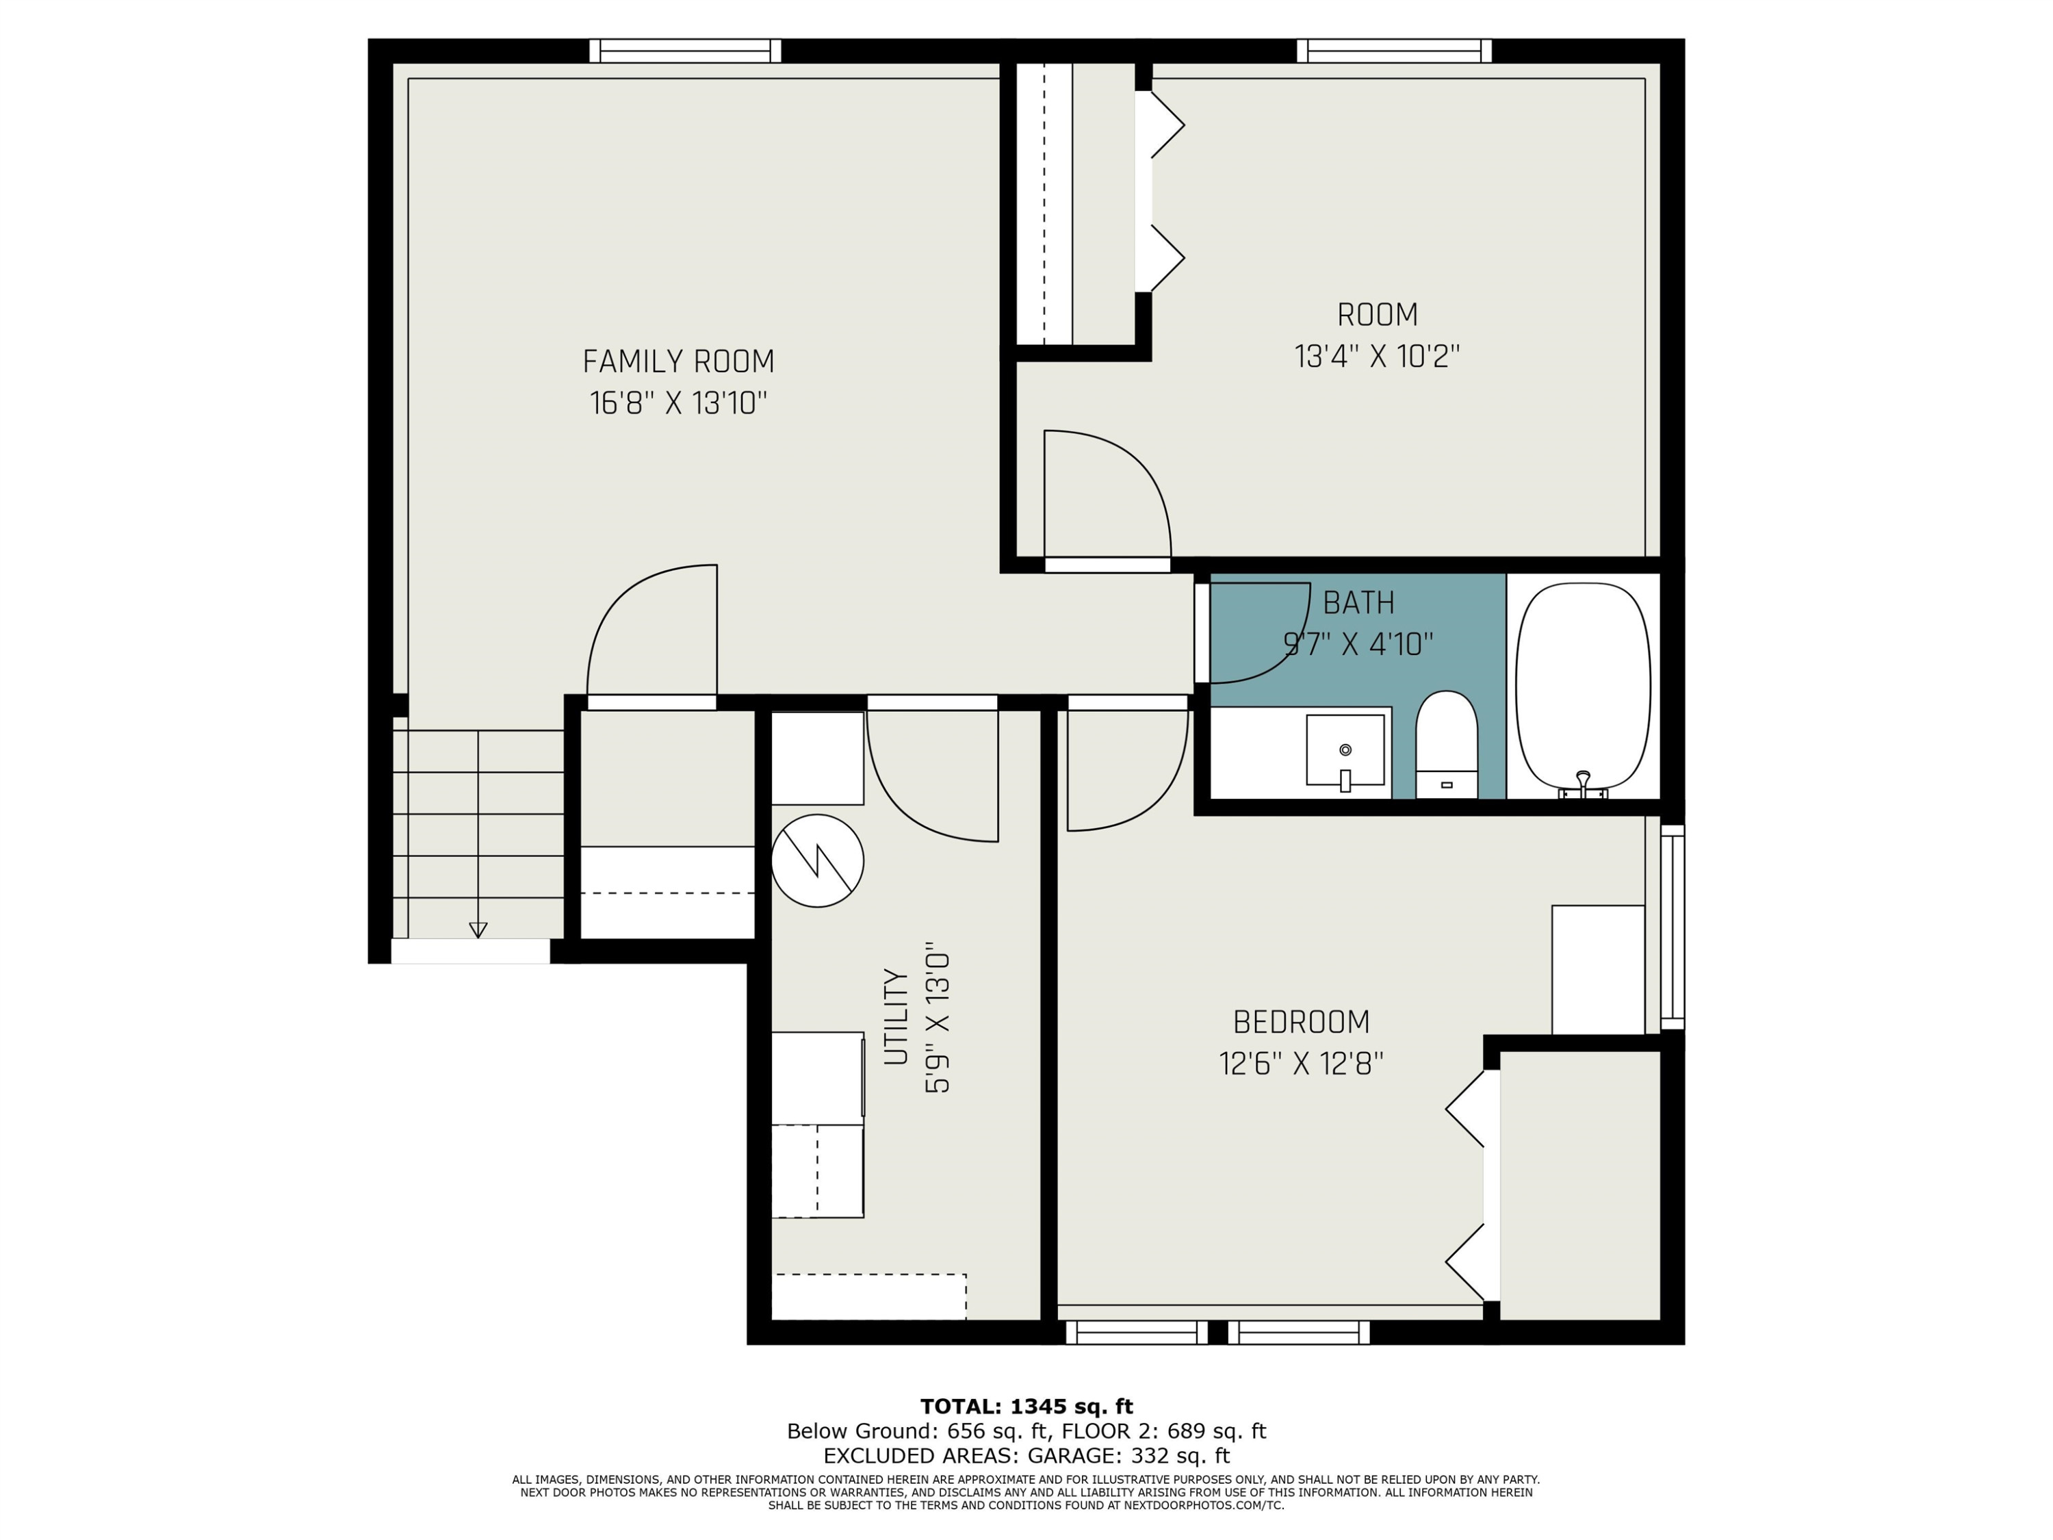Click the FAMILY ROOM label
click(678, 361)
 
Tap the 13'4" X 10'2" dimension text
click(1378, 357)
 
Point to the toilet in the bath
click(1447, 745)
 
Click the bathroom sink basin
click(1345, 750)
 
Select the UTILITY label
click(896, 1016)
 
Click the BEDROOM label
click(1301, 1022)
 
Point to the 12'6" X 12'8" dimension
click(1301, 1064)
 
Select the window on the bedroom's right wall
click(1673, 927)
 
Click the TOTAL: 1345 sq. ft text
click(1026, 1407)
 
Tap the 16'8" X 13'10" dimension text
click(678, 404)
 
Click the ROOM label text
click(1378, 316)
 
